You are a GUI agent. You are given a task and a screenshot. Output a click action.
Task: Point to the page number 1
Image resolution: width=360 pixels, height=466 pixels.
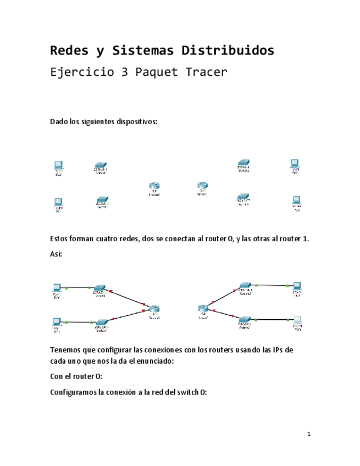308,435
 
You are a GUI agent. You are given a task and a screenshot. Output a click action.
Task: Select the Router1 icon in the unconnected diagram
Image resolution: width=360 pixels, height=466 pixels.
203,186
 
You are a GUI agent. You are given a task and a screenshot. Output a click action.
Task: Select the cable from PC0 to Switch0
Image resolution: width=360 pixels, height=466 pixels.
79,287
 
